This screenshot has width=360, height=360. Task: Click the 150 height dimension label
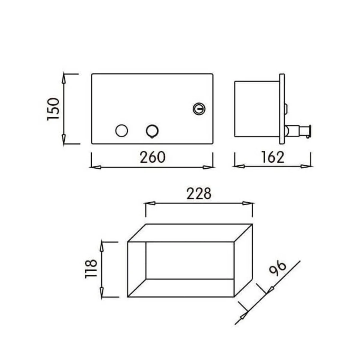point(53,109)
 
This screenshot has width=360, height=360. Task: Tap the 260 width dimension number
point(153,157)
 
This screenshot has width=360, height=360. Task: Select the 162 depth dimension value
point(273,157)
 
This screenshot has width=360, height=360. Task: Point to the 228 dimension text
point(199,194)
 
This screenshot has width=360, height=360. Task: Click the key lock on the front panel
point(199,109)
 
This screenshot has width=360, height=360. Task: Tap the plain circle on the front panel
point(121,130)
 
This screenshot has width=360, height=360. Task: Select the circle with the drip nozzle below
point(152,131)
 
